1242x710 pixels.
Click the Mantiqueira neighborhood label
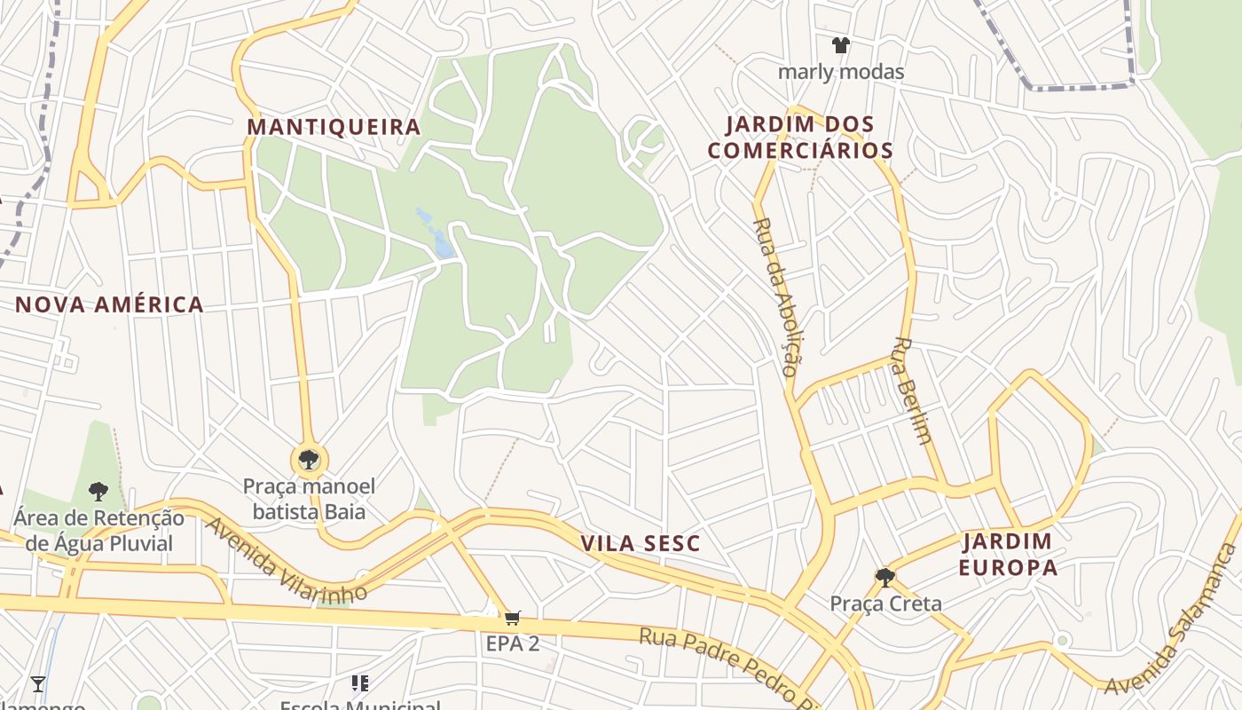point(334,127)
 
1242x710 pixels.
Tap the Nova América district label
point(109,304)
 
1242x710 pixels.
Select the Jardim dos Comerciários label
point(800,138)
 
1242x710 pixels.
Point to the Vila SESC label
point(641,543)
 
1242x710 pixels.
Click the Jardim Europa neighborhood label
point(1008,554)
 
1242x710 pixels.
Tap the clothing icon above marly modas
point(840,45)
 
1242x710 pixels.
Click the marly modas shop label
point(840,72)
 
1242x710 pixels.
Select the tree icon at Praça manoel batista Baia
point(309,460)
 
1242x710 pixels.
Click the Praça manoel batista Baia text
point(309,499)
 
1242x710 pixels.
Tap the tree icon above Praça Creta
point(884,578)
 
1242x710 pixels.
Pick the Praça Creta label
point(885,604)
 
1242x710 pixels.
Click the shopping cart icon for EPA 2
point(512,618)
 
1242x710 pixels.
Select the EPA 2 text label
point(512,643)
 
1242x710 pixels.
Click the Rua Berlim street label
point(913,390)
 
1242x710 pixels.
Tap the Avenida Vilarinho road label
point(285,562)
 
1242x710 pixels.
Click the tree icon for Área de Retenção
point(98,491)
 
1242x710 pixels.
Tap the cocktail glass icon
point(38,683)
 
